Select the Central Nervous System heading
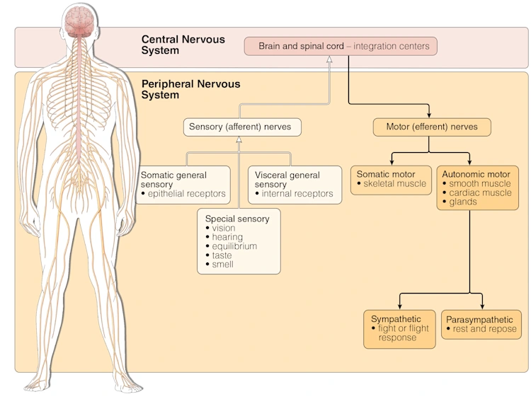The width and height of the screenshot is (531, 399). [183, 45]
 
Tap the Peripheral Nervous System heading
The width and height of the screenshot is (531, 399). [190, 89]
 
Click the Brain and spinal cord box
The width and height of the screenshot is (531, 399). [341, 46]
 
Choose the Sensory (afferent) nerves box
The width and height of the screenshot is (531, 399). [242, 127]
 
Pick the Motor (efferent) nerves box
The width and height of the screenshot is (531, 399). [432, 127]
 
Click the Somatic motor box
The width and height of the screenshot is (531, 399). [391, 180]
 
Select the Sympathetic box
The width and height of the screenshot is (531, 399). [399, 329]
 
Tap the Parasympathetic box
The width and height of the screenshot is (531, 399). [481, 325]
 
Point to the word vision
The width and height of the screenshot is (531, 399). [224, 228]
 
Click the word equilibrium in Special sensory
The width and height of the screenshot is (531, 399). [234, 246]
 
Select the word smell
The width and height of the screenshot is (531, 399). [222, 265]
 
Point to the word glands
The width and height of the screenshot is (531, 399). [462, 202]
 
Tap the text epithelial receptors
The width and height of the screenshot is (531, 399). [187, 194]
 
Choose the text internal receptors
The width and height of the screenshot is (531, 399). [297, 194]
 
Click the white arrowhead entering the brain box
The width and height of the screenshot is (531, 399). [329, 59]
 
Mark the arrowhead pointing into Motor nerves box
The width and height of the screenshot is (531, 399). [429, 115]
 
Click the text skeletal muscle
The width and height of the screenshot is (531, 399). [395, 184]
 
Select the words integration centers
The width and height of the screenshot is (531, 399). [392, 46]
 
